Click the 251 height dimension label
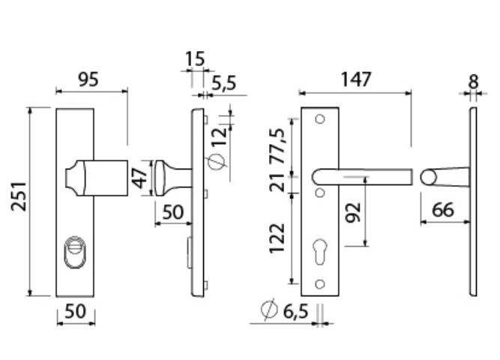tap(19, 196)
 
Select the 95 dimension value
tap(88, 79)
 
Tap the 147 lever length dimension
tap(356, 79)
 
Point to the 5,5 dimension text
tap(224, 83)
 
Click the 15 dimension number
tap(195, 59)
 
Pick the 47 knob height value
tap(139, 178)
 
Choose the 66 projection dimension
tap(442, 210)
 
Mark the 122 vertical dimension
tap(277, 238)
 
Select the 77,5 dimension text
tap(277, 146)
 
